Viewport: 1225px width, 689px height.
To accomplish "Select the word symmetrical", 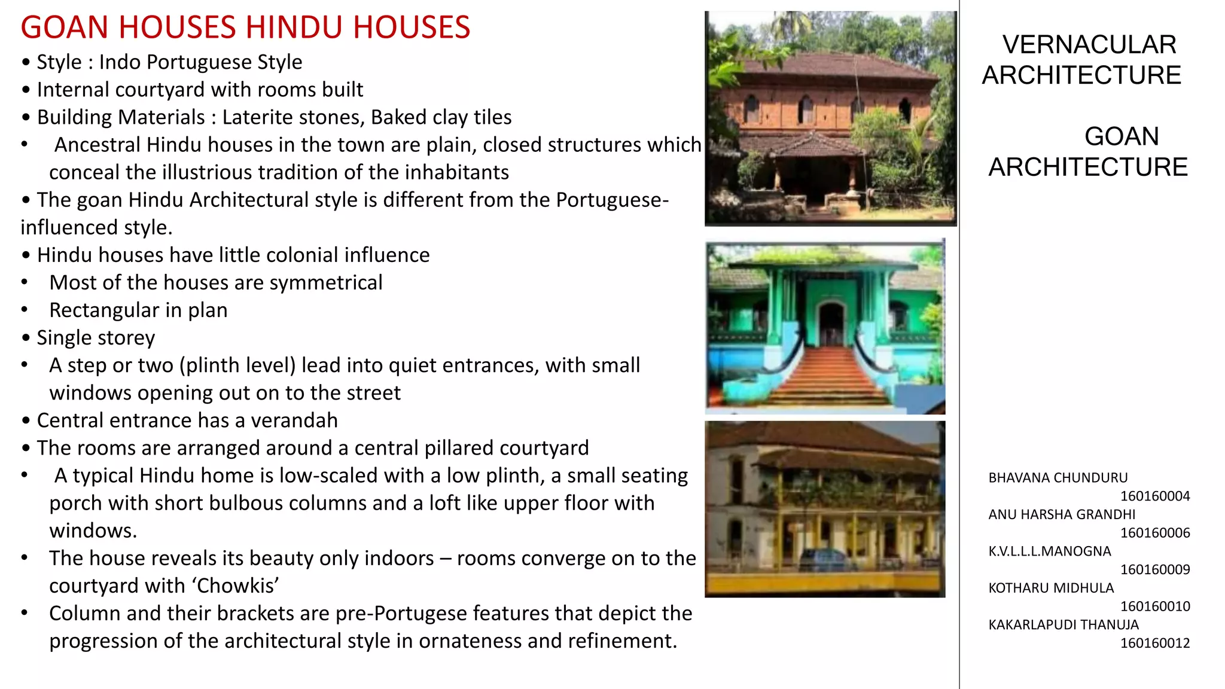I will pos(325,282).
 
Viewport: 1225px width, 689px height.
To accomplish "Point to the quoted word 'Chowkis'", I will pos(236,586).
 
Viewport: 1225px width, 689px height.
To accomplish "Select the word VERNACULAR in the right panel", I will pos(1089,45).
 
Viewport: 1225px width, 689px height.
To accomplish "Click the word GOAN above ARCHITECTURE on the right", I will pos(1122,136).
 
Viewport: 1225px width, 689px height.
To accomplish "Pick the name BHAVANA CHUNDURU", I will pos(1058,478).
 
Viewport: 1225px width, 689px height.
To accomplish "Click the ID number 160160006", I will pos(1154,533).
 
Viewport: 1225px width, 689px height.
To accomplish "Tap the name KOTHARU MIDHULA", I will pos(1050,588).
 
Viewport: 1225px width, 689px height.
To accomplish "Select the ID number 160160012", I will pos(1154,644).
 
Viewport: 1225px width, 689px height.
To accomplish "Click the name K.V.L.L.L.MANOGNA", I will pos(1049,551).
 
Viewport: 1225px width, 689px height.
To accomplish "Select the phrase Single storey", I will pos(96,338).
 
